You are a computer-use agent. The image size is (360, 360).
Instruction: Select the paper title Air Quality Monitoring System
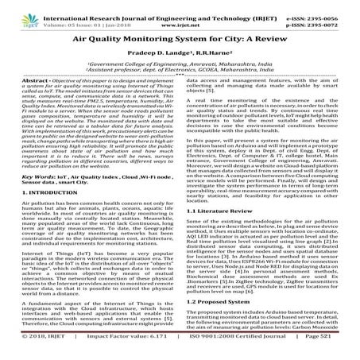coord(180,37)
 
